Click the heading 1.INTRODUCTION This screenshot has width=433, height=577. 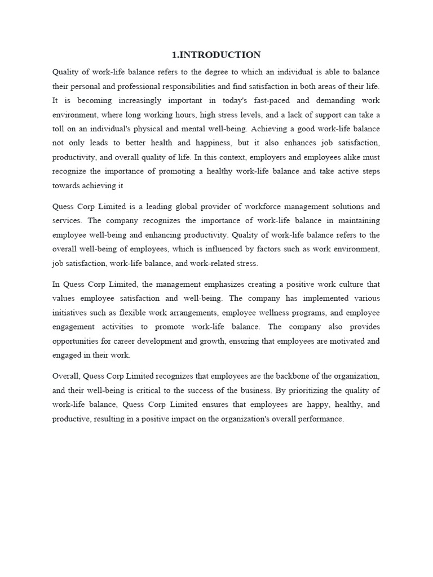tap(216, 55)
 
